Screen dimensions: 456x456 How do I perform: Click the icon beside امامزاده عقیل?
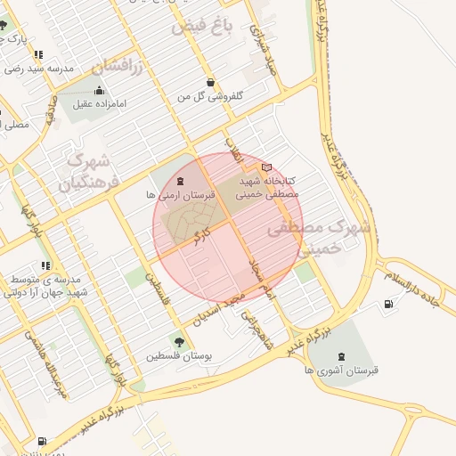point(97,91)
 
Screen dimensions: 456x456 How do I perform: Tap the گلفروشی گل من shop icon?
point(210,81)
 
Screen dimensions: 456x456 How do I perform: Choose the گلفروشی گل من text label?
point(211,95)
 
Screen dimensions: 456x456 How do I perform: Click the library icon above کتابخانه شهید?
point(267,167)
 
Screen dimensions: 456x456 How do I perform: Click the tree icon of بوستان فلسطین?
point(180,341)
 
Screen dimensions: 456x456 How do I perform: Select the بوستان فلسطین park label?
point(181,355)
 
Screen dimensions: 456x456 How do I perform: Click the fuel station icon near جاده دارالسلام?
point(388,305)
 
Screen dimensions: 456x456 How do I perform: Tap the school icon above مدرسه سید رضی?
point(38,55)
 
